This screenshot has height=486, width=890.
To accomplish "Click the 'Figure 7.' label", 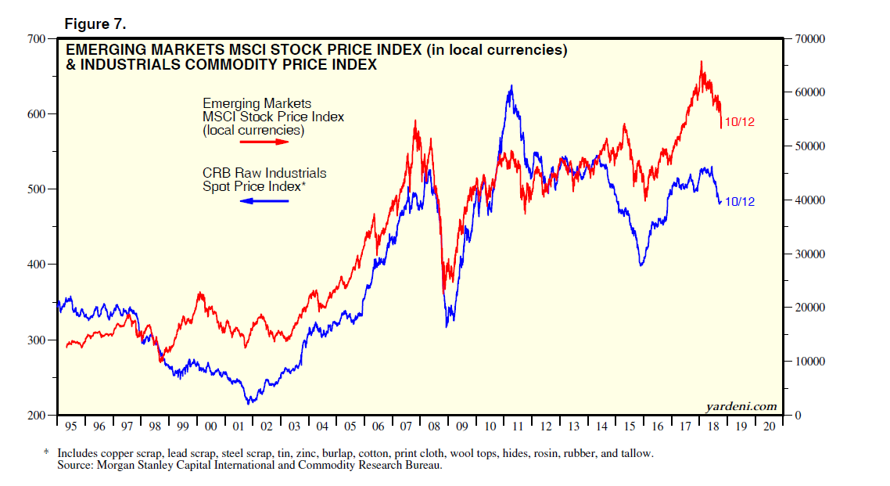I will (95, 24).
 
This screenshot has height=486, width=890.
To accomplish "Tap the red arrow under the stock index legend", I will (264, 142).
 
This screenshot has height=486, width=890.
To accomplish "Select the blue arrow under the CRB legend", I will (264, 201).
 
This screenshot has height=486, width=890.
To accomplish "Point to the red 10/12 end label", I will (739, 122).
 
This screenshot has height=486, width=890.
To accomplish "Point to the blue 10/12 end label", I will (739, 201).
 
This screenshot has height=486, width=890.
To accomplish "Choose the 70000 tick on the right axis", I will (809, 38).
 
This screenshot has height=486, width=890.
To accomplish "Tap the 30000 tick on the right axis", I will (809, 254).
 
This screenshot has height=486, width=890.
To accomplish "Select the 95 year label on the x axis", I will (70, 427).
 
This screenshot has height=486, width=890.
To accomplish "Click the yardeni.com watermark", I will (741, 405).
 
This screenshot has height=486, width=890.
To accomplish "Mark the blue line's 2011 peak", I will (511, 86).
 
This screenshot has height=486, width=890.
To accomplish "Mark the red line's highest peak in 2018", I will (702, 62).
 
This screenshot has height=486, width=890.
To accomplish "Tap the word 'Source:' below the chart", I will (76, 465).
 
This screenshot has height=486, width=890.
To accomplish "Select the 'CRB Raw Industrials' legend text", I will (264, 173).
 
